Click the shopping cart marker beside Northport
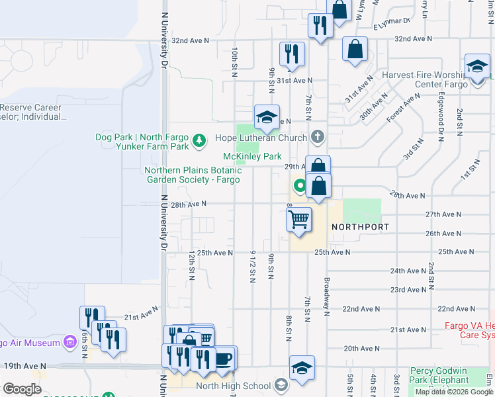click(x=299, y=219)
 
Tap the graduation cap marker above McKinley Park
click(x=267, y=118)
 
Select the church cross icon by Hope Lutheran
click(x=318, y=138)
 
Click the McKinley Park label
click(x=252, y=157)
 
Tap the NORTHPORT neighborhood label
click(x=359, y=226)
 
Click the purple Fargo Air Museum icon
click(x=69, y=342)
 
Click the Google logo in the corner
click(x=22, y=389)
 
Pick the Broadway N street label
click(x=326, y=297)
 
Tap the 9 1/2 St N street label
click(x=253, y=267)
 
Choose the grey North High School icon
click(x=281, y=386)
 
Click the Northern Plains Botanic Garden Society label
click(x=192, y=175)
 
